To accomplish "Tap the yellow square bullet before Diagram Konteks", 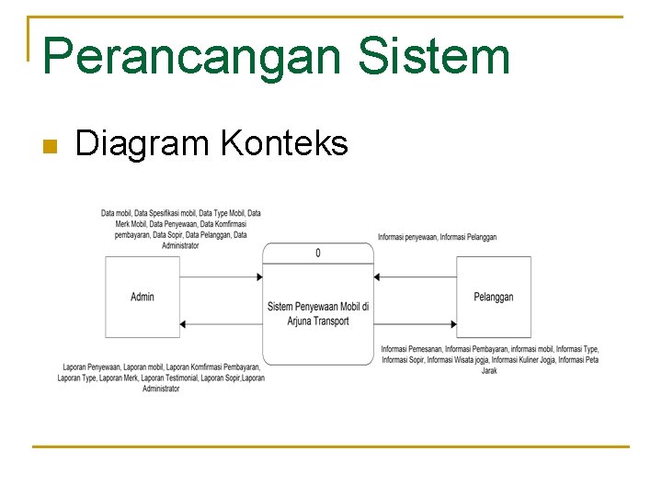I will coord(50,146).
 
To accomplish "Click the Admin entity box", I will coord(142,297).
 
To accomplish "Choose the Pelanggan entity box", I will coord(494,297).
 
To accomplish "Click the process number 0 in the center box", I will coord(318,253).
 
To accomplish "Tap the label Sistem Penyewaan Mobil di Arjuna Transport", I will coord(318,313).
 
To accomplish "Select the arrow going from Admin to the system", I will coord(221,276).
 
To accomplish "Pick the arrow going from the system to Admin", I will coord(221,323).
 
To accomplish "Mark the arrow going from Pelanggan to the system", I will coord(416,276).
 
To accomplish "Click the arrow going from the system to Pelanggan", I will coord(416,323).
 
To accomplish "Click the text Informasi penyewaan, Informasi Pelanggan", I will coord(437,237).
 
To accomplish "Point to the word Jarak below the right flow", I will coord(489,371).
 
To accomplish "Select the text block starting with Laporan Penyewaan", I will coord(161,378).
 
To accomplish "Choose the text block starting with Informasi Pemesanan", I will coord(489,359).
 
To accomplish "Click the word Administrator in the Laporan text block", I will coord(161,389).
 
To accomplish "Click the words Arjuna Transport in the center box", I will coord(318,321).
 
